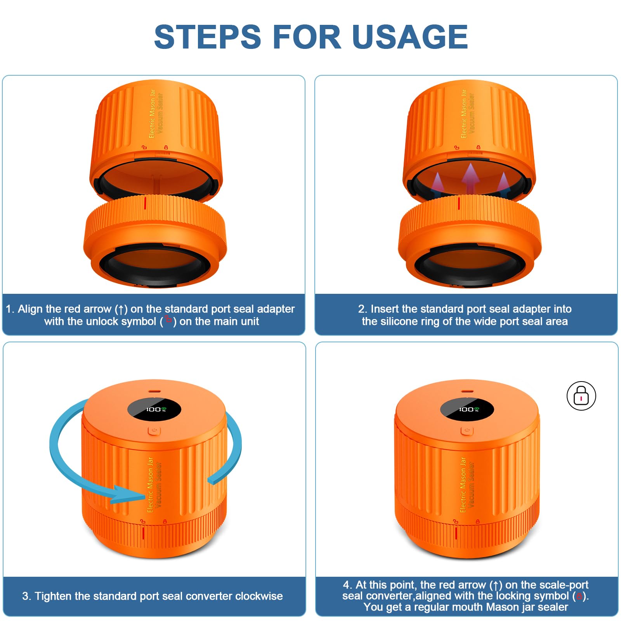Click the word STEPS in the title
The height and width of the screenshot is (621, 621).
(x=208, y=36)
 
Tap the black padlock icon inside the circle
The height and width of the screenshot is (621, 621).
(x=581, y=395)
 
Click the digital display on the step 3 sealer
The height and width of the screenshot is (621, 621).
(x=154, y=409)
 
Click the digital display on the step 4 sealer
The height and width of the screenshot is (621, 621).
(x=467, y=409)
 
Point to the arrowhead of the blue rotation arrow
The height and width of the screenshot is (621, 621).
(x=128, y=494)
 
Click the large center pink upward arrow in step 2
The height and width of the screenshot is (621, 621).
(x=470, y=178)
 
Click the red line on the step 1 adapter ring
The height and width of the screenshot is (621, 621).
(x=145, y=203)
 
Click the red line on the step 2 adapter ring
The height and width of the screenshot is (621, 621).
(x=459, y=203)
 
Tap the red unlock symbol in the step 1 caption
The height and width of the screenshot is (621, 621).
(x=168, y=319)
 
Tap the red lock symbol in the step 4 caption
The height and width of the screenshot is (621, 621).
(x=579, y=596)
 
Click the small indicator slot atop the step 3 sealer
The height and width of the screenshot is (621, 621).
(x=155, y=391)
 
